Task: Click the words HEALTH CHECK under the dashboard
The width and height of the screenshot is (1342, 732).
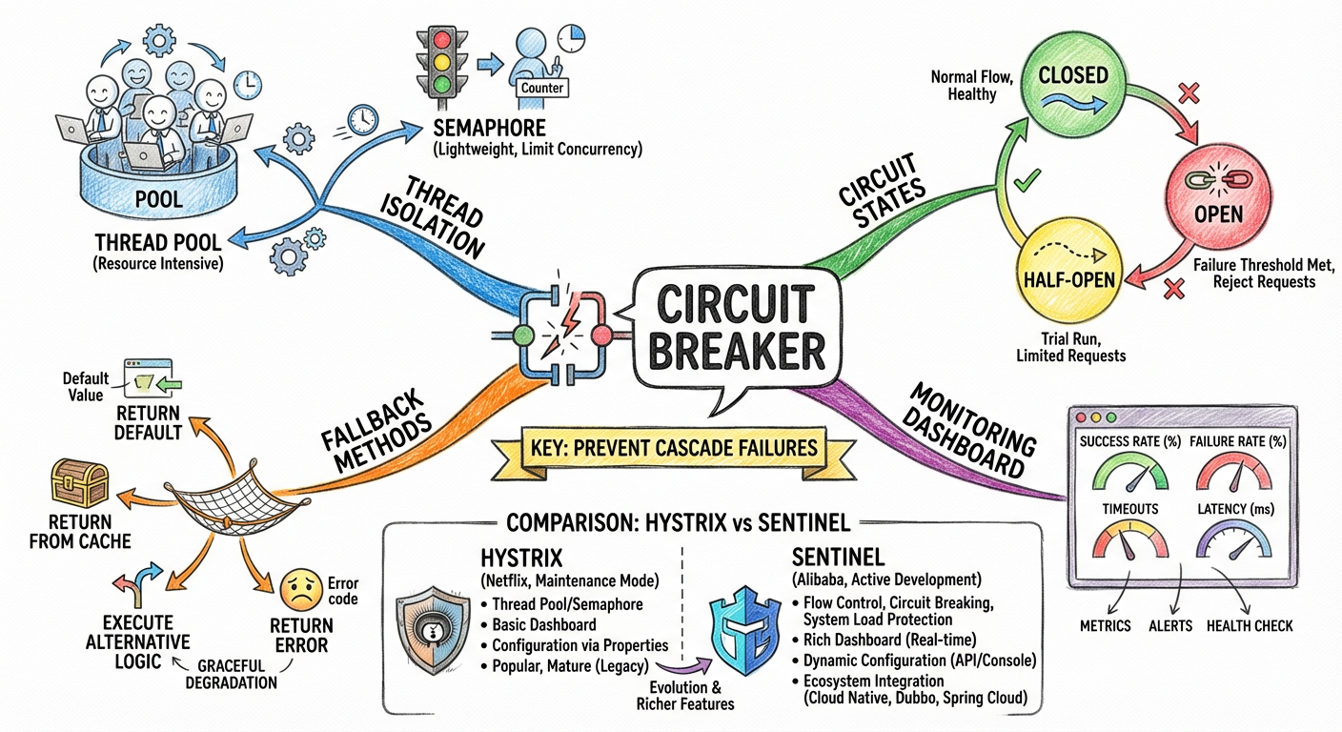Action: pyautogui.click(x=1250, y=625)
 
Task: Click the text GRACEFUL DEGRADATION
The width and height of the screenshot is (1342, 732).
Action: pyautogui.click(x=236, y=674)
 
